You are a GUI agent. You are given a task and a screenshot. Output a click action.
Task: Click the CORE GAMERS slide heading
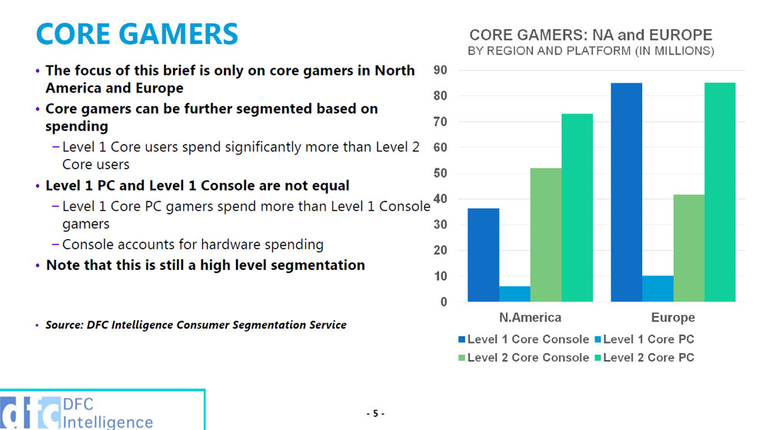[137, 35]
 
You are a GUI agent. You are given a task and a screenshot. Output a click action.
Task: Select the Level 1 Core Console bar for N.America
[483, 255]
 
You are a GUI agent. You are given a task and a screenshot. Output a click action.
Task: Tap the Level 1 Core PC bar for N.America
[514, 294]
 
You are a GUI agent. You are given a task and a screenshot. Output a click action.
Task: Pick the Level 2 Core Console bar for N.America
[546, 235]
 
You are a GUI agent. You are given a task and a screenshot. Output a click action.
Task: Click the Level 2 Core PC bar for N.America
[577, 208]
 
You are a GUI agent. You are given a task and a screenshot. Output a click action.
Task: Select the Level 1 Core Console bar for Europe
[626, 192]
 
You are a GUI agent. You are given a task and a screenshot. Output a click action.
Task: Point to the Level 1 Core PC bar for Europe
[657, 288]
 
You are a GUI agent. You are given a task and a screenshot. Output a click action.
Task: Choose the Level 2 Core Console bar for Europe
[689, 248]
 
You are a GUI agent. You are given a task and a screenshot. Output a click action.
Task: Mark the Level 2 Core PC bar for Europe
[720, 192]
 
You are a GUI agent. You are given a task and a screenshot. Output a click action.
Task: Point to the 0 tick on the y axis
[443, 302]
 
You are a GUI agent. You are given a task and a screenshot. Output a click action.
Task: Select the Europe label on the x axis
[672, 318]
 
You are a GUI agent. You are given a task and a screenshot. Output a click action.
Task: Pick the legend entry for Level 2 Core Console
[523, 358]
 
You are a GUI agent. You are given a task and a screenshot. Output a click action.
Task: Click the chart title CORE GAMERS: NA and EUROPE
[591, 35]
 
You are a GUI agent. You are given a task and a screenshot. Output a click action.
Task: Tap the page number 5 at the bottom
[375, 414]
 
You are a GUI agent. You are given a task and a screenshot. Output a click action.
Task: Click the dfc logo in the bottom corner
[31, 413]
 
